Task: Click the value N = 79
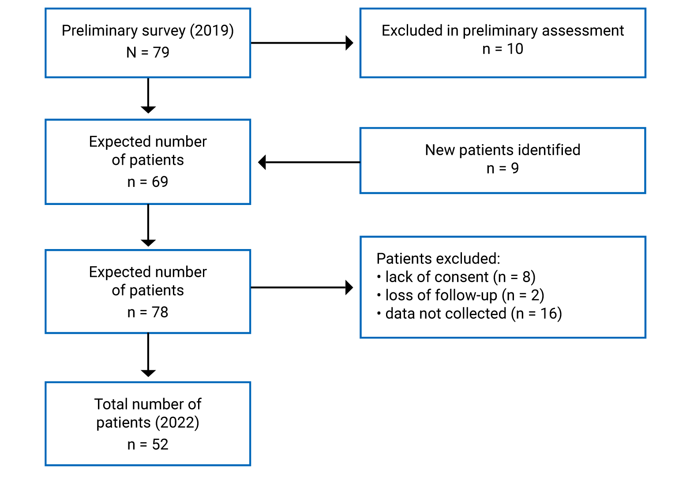tap(147, 52)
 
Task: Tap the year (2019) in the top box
tap(212, 30)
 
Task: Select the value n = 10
tap(502, 49)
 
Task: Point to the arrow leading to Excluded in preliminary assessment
tap(302, 43)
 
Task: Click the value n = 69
tap(147, 182)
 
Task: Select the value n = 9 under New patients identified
tap(502, 168)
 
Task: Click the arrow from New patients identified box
tap(309, 162)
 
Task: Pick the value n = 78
tap(147, 312)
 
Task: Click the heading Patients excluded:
tap(438, 258)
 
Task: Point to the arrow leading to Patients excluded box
tap(302, 287)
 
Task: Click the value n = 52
tap(147, 444)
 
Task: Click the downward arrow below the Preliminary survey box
tap(148, 95)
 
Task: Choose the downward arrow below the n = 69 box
tap(148, 225)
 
